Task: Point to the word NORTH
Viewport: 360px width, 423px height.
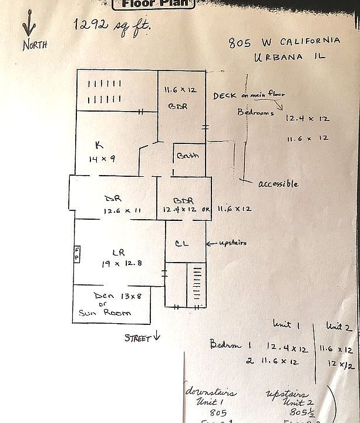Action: pyautogui.click(x=36, y=45)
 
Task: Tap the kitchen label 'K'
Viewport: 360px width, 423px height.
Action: pyautogui.click(x=99, y=145)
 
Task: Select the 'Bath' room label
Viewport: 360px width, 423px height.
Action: pyautogui.click(x=189, y=156)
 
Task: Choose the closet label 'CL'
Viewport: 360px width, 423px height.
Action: pyautogui.click(x=183, y=244)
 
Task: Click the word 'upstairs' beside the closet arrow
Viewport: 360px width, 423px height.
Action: pyautogui.click(x=232, y=243)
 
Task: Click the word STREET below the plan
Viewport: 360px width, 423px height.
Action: pyautogui.click(x=137, y=338)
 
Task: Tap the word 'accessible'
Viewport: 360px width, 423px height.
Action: pyautogui.click(x=278, y=184)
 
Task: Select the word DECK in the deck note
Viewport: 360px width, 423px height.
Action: pyautogui.click(x=224, y=95)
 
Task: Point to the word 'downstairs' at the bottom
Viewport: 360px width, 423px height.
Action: pyautogui.click(x=212, y=392)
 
